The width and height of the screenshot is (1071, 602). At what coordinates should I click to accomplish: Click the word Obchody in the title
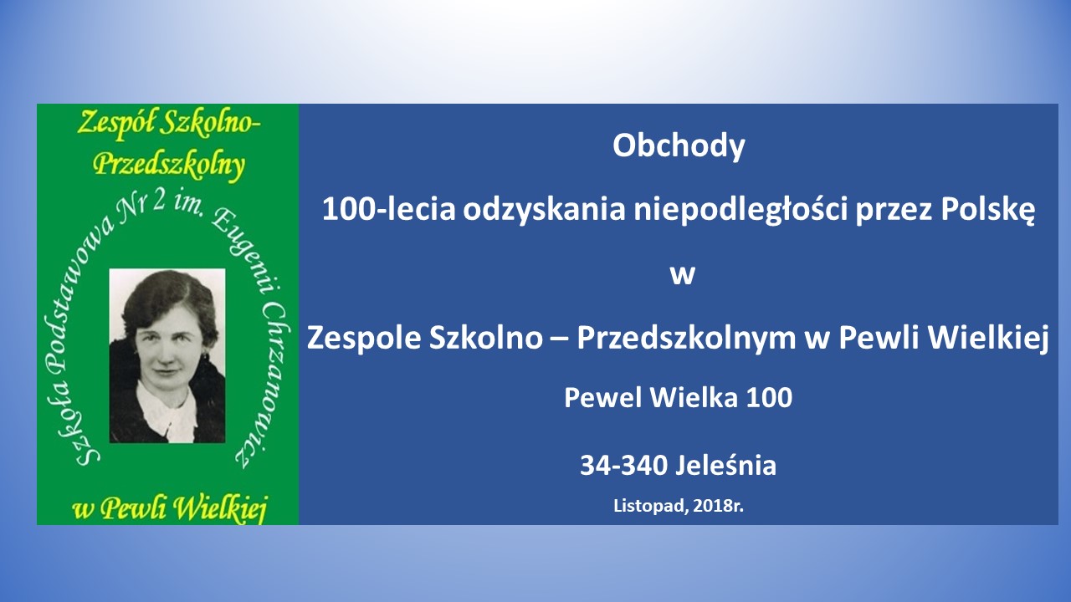[679, 145]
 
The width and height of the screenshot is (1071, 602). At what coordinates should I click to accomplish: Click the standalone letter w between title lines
[682, 276]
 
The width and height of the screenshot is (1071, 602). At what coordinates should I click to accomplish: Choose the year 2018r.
[718, 506]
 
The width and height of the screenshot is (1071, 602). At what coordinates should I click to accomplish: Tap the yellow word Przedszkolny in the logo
[169, 166]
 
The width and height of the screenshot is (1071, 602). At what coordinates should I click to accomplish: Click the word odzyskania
[544, 210]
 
